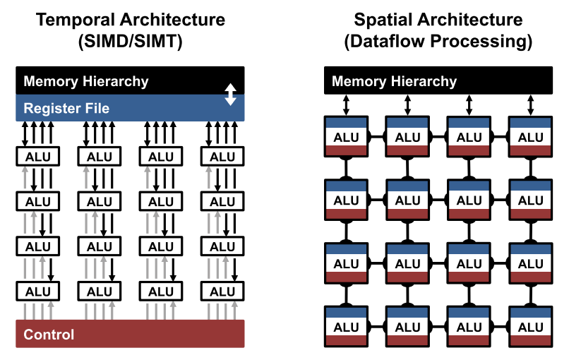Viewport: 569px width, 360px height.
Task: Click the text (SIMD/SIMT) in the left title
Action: [x=131, y=41]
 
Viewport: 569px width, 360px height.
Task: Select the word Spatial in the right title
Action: [x=383, y=20]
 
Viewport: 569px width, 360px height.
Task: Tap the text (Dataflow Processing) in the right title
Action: [x=438, y=41]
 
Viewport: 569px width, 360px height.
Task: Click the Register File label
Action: [x=66, y=108]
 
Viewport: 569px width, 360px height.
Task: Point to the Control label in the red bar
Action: [x=49, y=334]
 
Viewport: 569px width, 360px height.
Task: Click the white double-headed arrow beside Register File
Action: [x=230, y=95]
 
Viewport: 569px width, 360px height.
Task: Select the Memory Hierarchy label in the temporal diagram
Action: [x=86, y=81]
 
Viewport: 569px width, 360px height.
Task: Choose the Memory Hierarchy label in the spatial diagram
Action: [x=394, y=81]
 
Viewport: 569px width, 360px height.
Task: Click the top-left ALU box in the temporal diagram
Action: [x=37, y=157]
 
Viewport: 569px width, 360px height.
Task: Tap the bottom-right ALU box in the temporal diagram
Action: [x=222, y=292]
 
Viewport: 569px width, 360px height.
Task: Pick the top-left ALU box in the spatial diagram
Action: [x=346, y=137]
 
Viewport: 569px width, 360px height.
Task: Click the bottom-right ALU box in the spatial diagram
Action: [x=531, y=327]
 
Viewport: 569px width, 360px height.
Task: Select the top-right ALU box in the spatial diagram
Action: [x=531, y=137]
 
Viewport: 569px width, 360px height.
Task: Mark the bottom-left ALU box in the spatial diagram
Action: [x=346, y=327]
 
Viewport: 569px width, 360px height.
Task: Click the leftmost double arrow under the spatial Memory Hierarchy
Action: [x=346, y=105]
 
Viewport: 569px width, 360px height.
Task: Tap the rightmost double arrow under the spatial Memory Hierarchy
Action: [x=531, y=105]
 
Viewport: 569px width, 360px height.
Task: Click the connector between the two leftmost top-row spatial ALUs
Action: [x=377, y=137]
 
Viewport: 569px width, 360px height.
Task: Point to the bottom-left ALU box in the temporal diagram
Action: [x=37, y=292]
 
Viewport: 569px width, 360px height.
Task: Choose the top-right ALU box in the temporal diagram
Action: [x=222, y=157]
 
